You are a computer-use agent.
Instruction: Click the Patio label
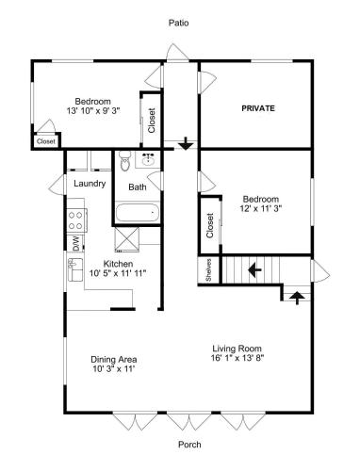(x=179, y=23)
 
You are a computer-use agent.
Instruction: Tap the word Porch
(x=189, y=445)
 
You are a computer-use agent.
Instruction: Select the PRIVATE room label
(x=258, y=108)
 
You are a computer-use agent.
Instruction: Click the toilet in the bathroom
(x=125, y=161)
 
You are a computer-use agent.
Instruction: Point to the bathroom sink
(x=147, y=159)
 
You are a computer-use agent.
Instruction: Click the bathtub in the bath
(x=137, y=213)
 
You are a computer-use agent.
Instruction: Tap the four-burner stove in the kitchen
(x=77, y=220)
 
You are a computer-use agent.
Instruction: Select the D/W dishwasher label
(x=76, y=244)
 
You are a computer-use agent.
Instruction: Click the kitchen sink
(x=75, y=269)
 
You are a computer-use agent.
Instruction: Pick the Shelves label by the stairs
(x=208, y=270)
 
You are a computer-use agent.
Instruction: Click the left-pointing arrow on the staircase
(x=254, y=269)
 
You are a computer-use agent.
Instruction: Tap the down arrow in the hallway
(x=186, y=143)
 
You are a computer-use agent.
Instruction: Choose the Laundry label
(x=90, y=184)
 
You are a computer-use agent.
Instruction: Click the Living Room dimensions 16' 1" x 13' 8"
(x=237, y=358)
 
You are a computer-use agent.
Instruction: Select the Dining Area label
(x=114, y=360)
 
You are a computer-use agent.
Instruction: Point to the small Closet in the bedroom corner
(x=46, y=141)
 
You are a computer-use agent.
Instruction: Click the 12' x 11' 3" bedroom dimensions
(x=261, y=208)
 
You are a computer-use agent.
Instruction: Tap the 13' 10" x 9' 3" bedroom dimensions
(x=93, y=110)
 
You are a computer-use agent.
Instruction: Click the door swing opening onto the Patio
(x=177, y=52)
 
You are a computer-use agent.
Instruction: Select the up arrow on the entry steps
(x=297, y=298)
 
